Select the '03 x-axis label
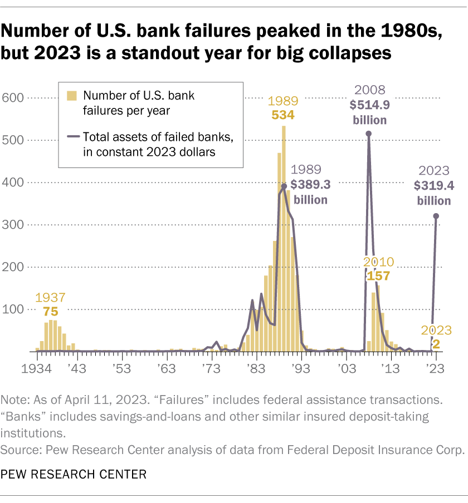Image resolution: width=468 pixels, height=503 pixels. click(x=345, y=368)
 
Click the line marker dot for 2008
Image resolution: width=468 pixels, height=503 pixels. click(x=368, y=134)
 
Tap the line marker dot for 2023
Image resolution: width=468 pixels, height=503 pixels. click(x=436, y=216)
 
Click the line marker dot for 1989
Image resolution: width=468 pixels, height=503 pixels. click(x=284, y=187)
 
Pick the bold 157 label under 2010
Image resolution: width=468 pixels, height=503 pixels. click(x=378, y=275)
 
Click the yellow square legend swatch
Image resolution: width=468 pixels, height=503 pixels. click(x=71, y=96)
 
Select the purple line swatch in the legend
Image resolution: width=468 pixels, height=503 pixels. click(x=71, y=136)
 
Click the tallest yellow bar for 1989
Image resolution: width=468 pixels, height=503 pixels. click(x=284, y=239)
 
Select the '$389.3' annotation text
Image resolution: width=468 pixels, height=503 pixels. click(x=310, y=184)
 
